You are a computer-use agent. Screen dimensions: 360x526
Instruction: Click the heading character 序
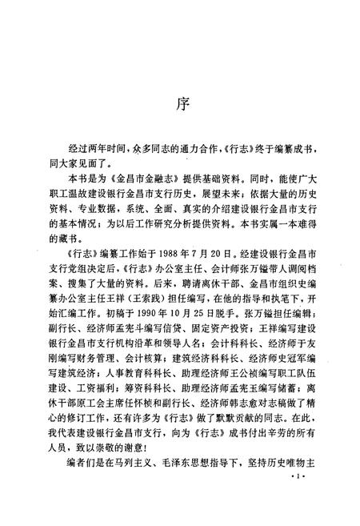(181, 106)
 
